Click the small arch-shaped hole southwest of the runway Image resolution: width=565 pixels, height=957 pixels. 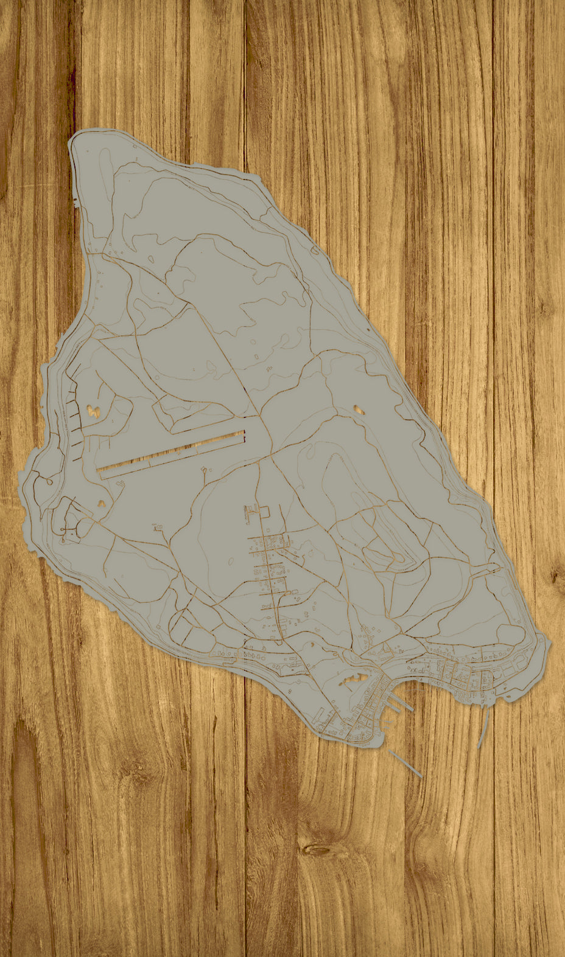[x=101, y=503]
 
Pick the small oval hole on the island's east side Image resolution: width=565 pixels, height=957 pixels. [x=359, y=409]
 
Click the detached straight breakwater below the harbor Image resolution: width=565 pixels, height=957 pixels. [x=405, y=763]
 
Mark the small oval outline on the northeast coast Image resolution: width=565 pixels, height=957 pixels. [x=315, y=249]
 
